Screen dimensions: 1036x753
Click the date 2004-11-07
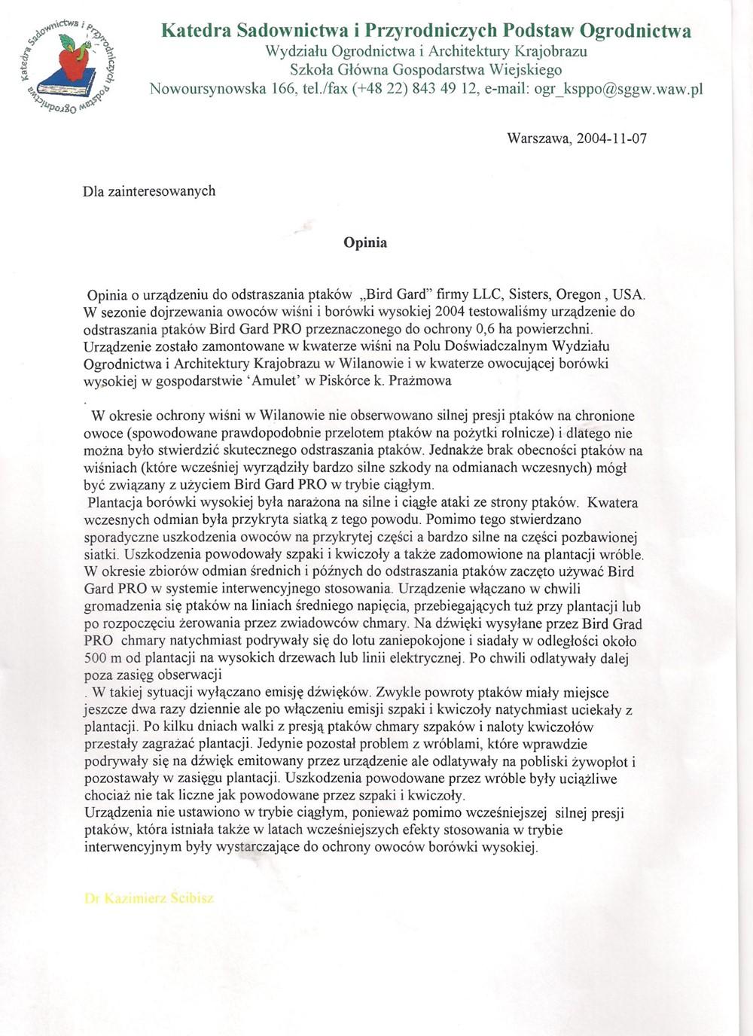[x=611, y=139]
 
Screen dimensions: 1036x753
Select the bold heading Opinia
[x=365, y=242]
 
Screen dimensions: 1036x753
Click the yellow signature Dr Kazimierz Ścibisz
[x=149, y=898]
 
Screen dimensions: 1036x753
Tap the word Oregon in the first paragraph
[x=578, y=294]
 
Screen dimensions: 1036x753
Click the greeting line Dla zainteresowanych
[x=149, y=191]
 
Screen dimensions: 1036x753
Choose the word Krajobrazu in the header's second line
[x=549, y=51]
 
